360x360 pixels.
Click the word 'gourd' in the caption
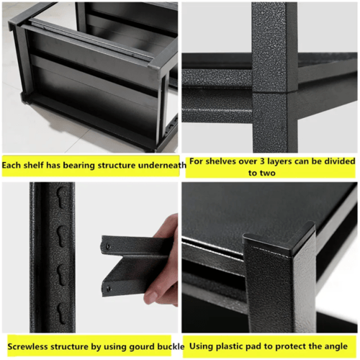(x=142, y=347)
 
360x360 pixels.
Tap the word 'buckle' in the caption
(x=171, y=346)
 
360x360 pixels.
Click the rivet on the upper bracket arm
(x=108, y=246)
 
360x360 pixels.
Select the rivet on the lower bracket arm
(x=109, y=289)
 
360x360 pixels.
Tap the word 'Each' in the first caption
(x=12, y=166)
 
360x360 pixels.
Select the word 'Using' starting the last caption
(x=200, y=347)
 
